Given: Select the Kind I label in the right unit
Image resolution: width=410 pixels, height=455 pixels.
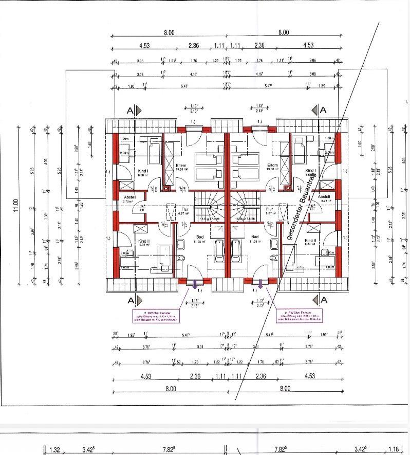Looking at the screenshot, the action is [310, 170].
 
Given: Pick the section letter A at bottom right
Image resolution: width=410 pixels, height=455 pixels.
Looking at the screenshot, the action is [323, 300].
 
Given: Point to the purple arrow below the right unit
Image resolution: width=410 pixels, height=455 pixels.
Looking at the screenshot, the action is [260, 283].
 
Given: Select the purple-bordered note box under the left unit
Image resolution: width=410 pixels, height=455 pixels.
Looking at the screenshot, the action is [156, 316].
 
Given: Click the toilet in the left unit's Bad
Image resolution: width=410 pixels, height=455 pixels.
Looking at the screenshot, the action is [181, 246].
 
